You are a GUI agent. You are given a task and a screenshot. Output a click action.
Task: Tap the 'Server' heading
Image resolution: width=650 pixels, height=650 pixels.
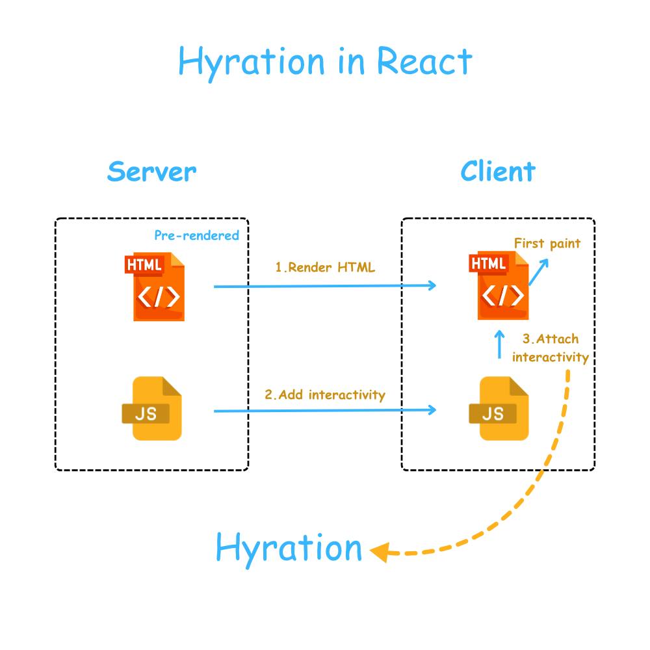point(151,172)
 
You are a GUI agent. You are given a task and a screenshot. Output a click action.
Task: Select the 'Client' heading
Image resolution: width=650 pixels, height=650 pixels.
point(498,172)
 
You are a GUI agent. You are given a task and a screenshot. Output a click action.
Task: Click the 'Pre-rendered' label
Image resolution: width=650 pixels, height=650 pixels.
point(196,235)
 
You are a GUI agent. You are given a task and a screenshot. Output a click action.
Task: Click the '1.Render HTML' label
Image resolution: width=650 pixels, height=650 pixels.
point(325,267)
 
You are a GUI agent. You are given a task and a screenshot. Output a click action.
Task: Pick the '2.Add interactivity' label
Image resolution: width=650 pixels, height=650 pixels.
point(324,395)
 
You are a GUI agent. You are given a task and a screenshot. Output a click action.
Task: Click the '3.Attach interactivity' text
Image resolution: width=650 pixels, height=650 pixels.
point(551,348)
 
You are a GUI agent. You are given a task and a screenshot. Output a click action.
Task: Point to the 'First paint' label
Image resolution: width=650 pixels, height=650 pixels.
point(547,243)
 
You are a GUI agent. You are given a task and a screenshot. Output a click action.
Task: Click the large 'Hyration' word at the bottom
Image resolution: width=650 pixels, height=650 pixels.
point(289,548)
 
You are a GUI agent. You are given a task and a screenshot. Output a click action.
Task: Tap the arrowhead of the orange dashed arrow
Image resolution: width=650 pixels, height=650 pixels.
point(379,553)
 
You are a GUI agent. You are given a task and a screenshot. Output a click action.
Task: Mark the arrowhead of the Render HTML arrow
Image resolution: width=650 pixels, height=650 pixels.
point(432,285)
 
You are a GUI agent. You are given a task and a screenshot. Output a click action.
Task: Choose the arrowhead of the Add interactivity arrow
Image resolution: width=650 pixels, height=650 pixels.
point(432,409)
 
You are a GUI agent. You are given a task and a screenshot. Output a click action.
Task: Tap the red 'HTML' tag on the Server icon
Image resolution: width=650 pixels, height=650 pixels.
point(144,265)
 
